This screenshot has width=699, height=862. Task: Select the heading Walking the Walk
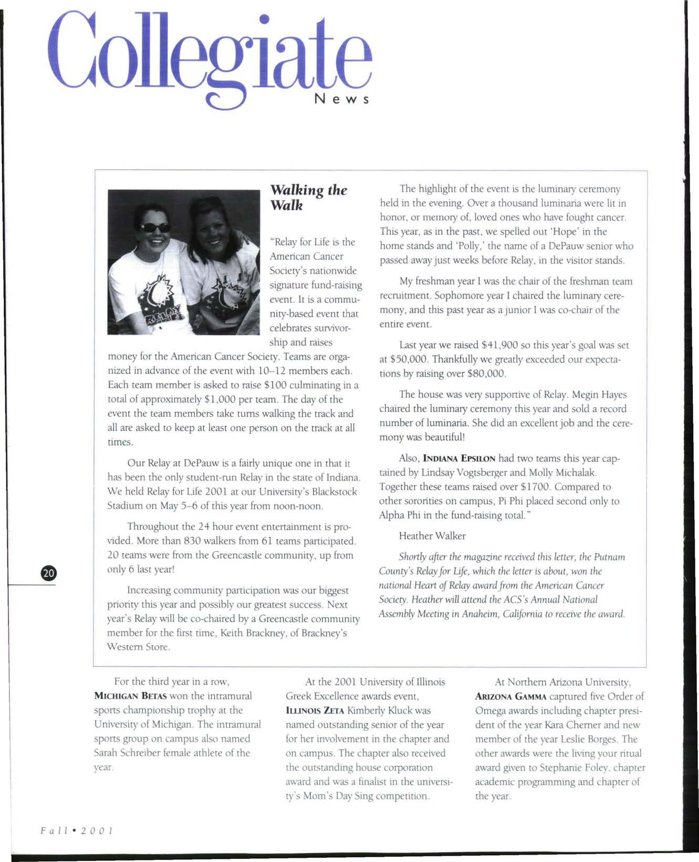308,197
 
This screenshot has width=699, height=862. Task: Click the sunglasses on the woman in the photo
155,228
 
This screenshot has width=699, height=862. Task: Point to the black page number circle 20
48,573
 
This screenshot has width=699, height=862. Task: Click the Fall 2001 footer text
77,831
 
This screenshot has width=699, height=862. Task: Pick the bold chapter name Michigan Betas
130,696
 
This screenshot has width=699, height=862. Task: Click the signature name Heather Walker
432,536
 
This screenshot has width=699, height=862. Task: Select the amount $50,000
411,360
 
